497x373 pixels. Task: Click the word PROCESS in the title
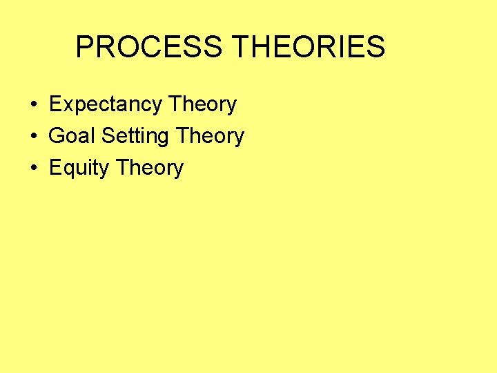tap(148, 47)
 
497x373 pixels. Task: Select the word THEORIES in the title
tap(309, 47)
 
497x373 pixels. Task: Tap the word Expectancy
tap(105, 104)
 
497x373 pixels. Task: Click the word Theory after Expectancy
tap(202, 104)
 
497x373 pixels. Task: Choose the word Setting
tap(135, 136)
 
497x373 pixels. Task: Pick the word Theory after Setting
tap(210, 136)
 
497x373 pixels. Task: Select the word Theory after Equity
tap(150, 168)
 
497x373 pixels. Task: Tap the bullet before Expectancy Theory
tap(34, 105)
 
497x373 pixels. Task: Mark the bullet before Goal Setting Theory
tap(34, 137)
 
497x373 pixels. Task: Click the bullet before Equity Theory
tap(34, 169)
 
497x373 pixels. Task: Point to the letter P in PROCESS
tap(85, 47)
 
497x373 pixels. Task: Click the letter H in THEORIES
tap(260, 47)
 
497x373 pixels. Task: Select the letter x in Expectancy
tap(67, 105)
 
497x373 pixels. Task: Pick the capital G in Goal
tap(57, 136)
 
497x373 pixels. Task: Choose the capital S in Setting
tap(108, 136)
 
